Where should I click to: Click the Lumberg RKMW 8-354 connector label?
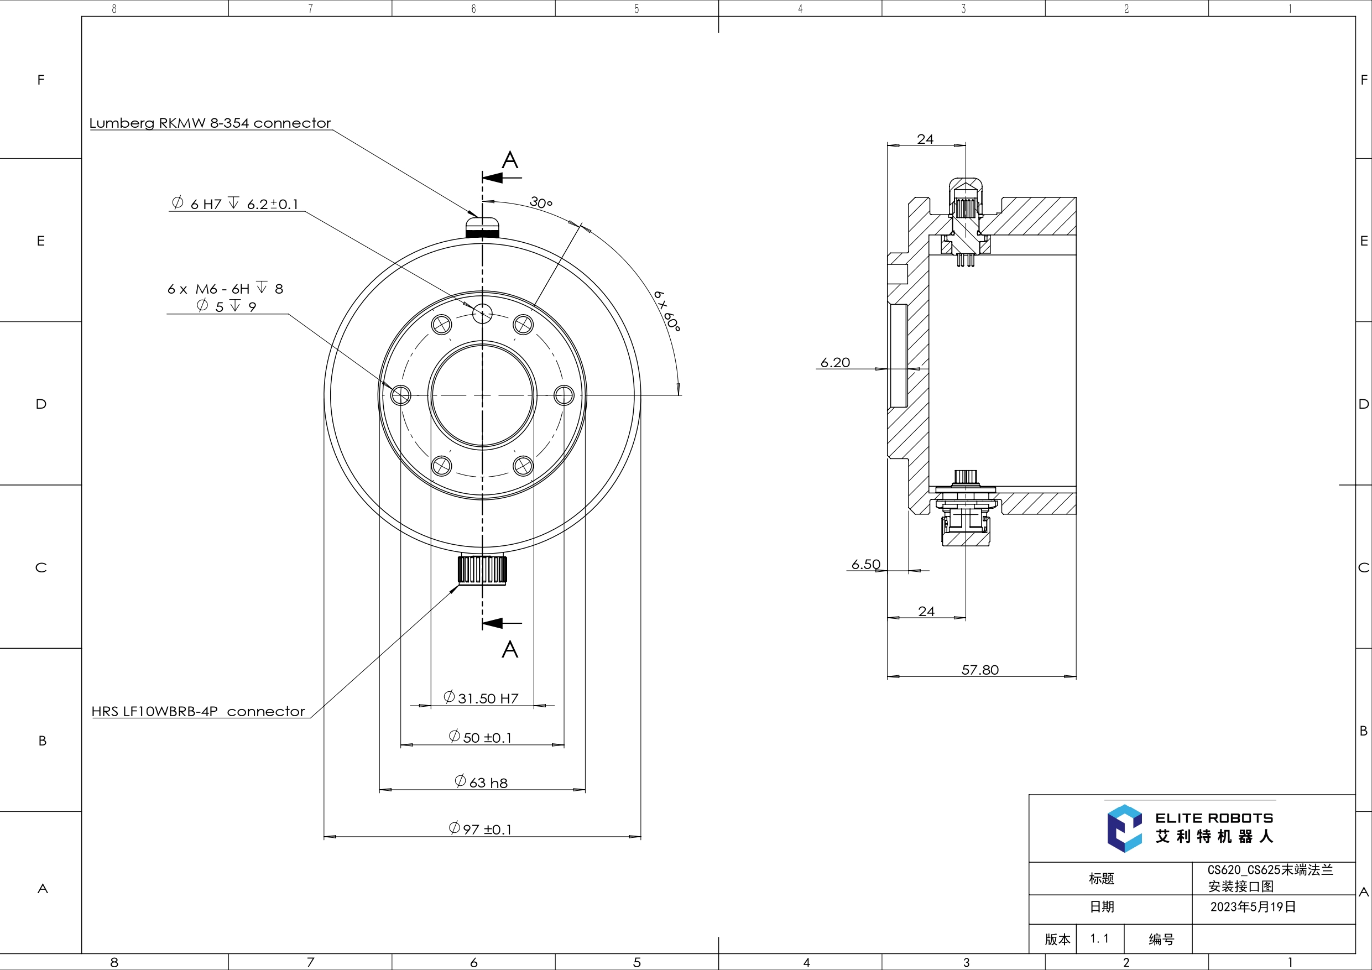pyautogui.click(x=210, y=123)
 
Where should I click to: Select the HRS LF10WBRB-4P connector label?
pyautogui.click(x=198, y=711)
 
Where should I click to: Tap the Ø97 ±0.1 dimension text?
pyautogui.click(x=481, y=829)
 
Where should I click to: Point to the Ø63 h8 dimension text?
pyautogui.click(x=481, y=783)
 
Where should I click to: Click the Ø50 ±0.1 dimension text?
pyautogui.click(x=481, y=737)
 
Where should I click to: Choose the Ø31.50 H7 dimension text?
pyautogui.click(x=481, y=698)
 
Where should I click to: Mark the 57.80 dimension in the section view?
pyautogui.click(x=979, y=670)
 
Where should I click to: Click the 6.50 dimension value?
pyautogui.click(x=865, y=564)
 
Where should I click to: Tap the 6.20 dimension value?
pyautogui.click(x=835, y=362)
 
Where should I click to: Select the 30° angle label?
pyautogui.click(x=541, y=202)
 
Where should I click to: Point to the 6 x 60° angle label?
pyautogui.click(x=667, y=311)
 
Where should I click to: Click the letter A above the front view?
pyautogui.click(x=510, y=160)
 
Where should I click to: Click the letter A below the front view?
pyautogui.click(x=510, y=649)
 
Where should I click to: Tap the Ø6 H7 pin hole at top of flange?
pyautogui.click(x=482, y=312)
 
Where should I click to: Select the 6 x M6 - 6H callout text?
pyautogui.click(x=225, y=289)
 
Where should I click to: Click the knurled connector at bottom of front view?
pyautogui.click(x=482, y=570)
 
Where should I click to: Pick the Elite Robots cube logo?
pyautogui.click(x=1124, y=828)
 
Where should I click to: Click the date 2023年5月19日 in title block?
pyautogui.click(x=1253, y=906)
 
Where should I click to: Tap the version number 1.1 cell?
pyautogui.click(x=1099, y=938)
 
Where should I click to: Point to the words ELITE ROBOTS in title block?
pyautogui.click(x=1214, y=818)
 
